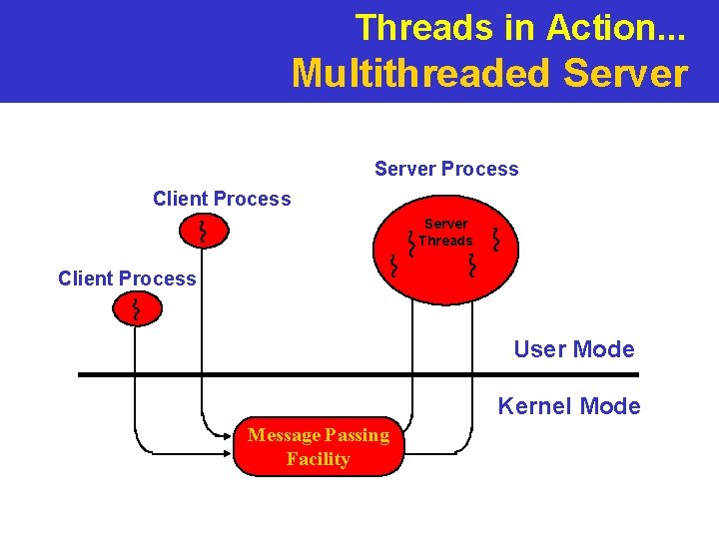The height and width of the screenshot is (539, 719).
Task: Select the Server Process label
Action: (446, 169)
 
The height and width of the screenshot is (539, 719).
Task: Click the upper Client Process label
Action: (222, 199)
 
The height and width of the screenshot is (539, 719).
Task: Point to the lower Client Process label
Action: (127, 278)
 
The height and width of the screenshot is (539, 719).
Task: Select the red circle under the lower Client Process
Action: (134, 310)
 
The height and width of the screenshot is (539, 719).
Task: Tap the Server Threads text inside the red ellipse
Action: (445, 233)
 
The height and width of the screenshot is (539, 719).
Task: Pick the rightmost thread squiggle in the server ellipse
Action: (497, 239)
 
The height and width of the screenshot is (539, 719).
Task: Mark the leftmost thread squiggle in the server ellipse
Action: (393, 266)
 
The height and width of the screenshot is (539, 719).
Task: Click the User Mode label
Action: (573, 349)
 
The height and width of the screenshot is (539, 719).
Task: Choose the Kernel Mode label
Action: (569, 406)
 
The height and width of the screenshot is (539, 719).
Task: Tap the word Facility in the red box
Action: (318, 459)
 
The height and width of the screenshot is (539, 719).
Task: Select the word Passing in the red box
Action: (357, 435)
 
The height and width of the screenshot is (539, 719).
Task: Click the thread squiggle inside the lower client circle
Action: (134, 310)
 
